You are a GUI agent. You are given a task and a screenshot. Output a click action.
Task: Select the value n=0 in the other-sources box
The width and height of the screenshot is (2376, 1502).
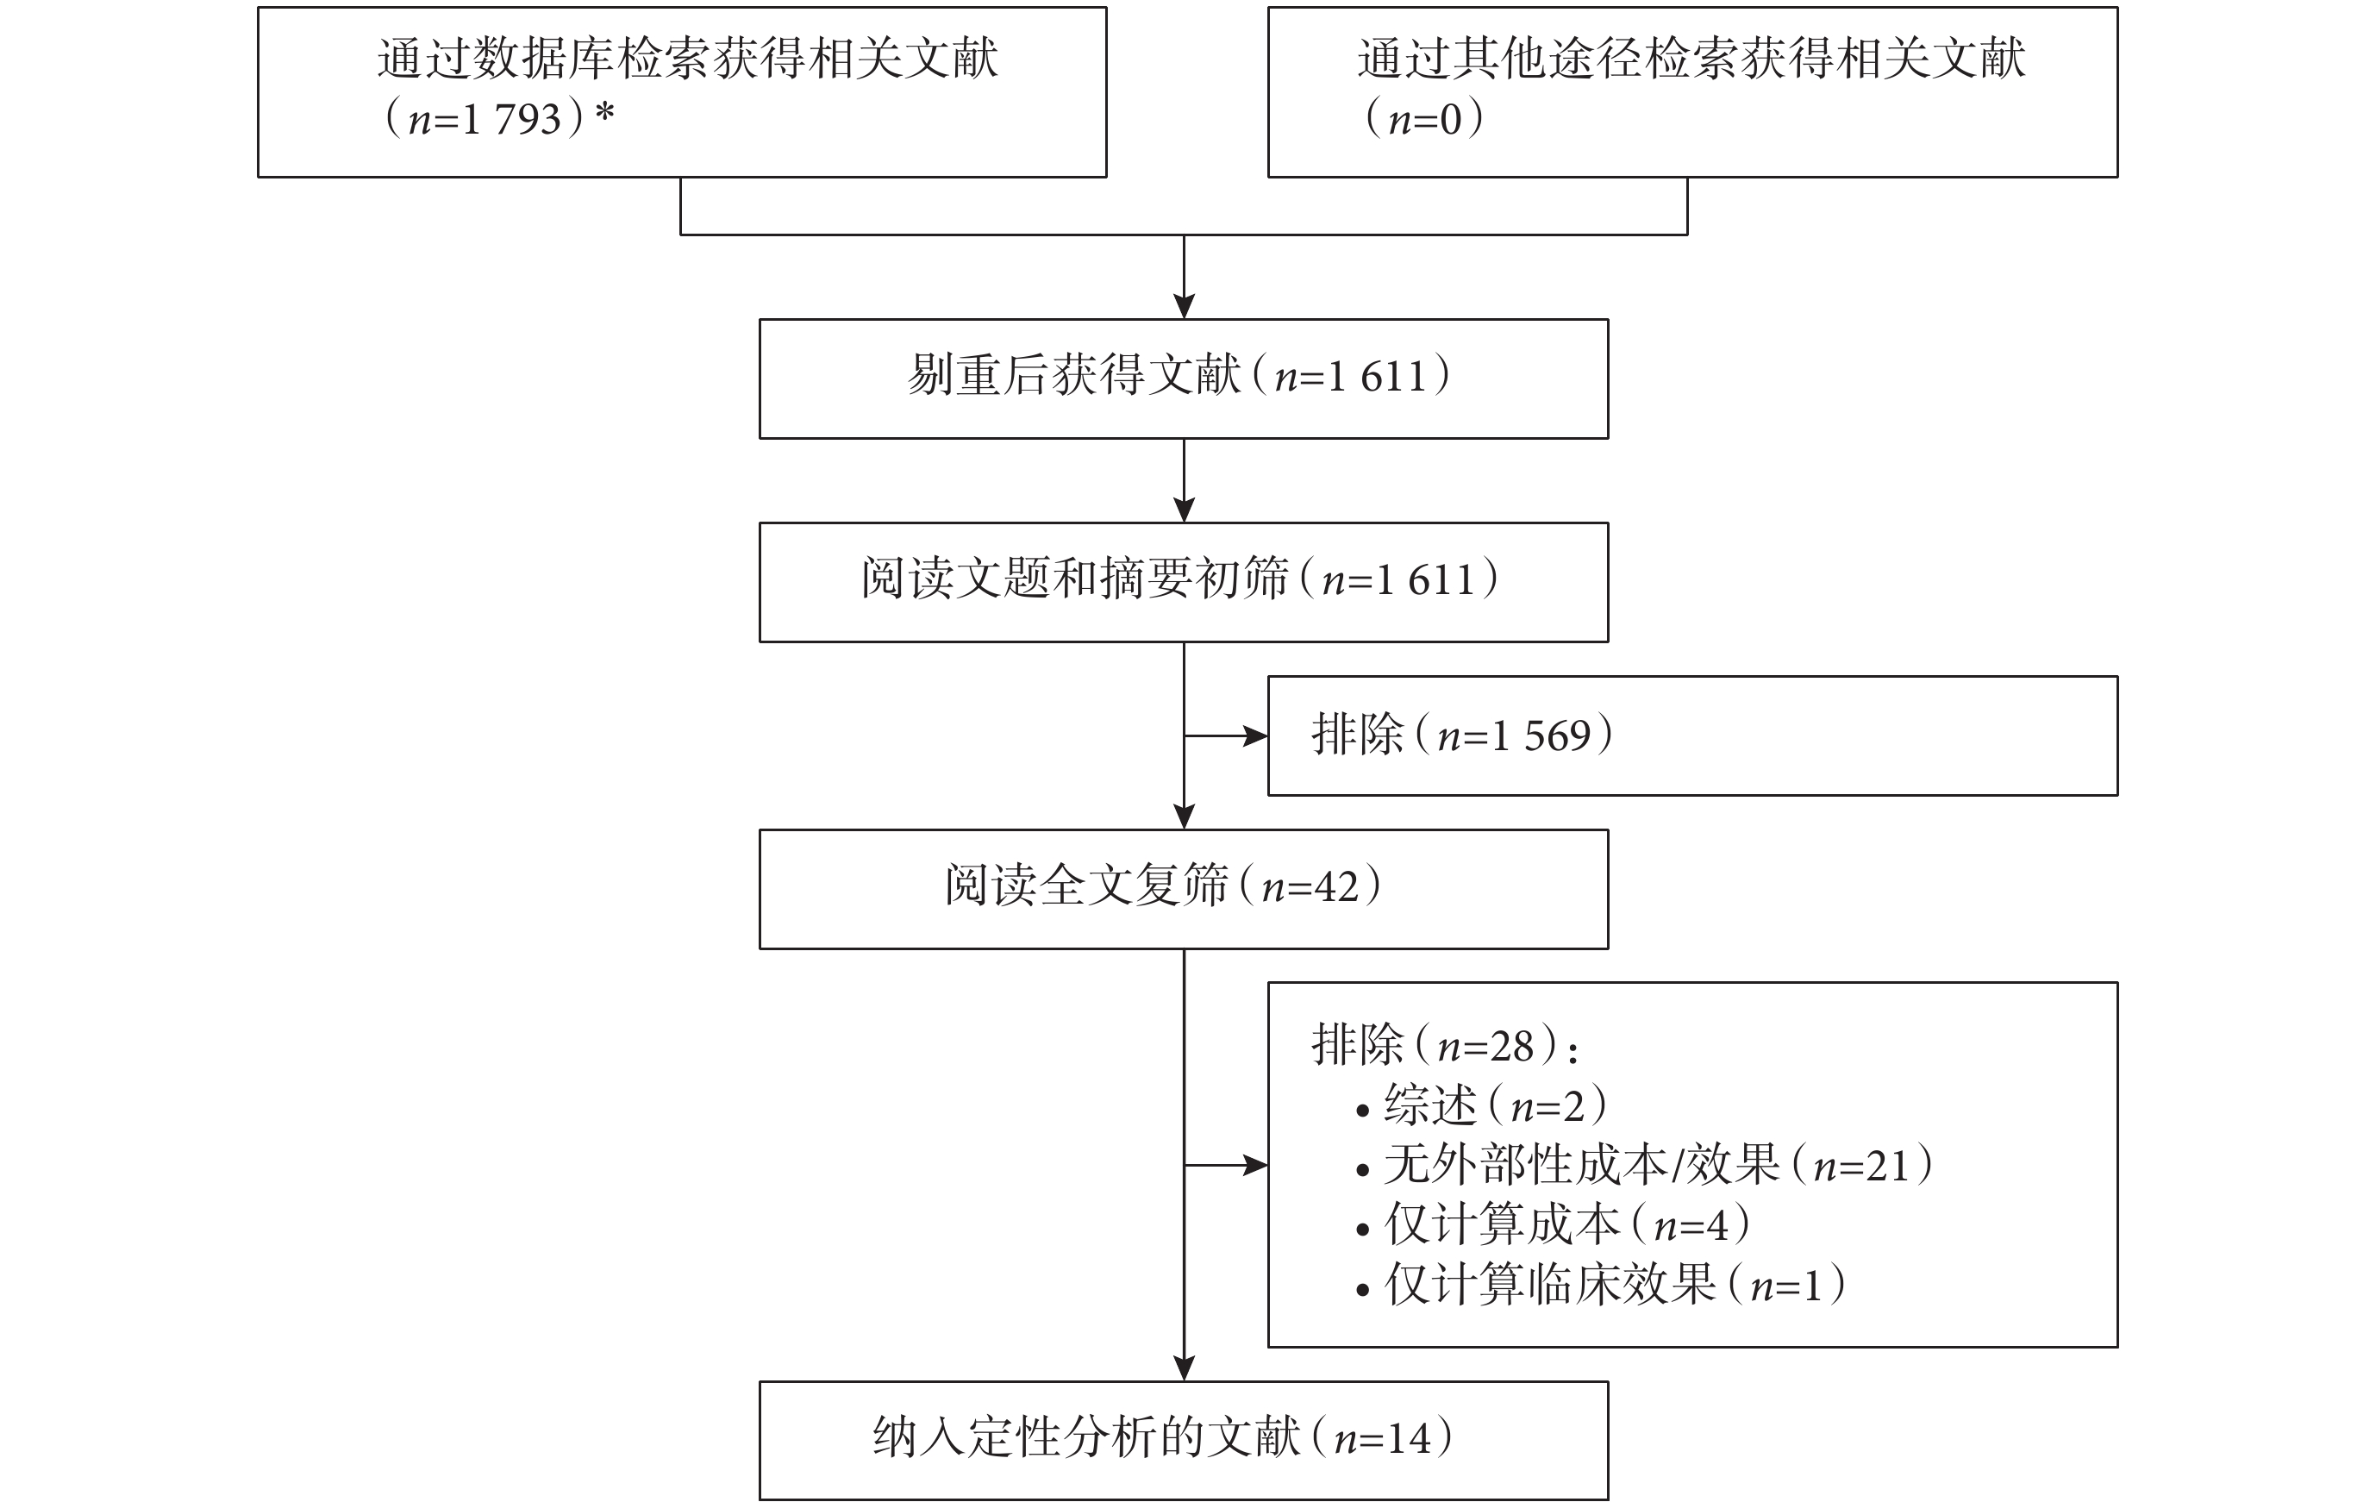(1425, 118)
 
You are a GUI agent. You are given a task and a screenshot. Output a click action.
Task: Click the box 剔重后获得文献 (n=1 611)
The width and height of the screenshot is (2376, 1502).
(1183, 379)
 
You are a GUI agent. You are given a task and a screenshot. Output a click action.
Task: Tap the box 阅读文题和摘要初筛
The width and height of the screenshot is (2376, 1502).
(1183, 582)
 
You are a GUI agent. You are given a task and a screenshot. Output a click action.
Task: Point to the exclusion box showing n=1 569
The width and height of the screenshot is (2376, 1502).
(1692, 736)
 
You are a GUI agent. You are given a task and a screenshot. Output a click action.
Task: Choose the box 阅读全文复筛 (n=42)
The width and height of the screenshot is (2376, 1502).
(1183, 889)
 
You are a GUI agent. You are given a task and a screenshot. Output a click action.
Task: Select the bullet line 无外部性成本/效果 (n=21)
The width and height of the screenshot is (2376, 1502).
(1645, 1166)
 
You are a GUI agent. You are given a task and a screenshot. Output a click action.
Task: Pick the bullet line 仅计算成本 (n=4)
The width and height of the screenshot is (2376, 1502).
(1553, 1224)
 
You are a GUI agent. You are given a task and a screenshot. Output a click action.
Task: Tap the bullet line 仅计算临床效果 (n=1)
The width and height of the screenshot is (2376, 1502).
(1600, 1284)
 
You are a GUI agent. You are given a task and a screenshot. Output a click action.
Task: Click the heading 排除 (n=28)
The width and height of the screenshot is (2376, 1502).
(1445, 1045)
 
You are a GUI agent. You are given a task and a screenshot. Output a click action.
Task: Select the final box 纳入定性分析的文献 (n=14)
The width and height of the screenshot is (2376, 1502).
(1183, 1441)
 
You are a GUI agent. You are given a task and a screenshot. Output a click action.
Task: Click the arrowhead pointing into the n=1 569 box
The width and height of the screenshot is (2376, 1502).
(1255, 736)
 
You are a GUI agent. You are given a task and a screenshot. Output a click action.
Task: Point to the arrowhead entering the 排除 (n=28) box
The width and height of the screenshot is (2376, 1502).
(1255, 1166)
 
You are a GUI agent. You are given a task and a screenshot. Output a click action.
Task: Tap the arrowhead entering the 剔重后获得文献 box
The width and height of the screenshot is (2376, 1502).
(1184, 306)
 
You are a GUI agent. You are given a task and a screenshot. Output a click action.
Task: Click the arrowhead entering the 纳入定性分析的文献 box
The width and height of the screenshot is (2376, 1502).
(1184, 1367)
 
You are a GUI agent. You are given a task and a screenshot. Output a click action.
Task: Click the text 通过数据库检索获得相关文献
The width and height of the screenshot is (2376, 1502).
(688, 59)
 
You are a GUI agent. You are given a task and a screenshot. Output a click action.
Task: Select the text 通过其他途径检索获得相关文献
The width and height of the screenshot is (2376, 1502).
(1691, 59)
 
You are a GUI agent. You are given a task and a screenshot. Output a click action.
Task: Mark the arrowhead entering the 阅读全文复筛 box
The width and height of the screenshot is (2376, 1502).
(1184, 817)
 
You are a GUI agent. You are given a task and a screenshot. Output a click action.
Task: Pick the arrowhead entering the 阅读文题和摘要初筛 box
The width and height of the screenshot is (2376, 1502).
(1184, 510)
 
